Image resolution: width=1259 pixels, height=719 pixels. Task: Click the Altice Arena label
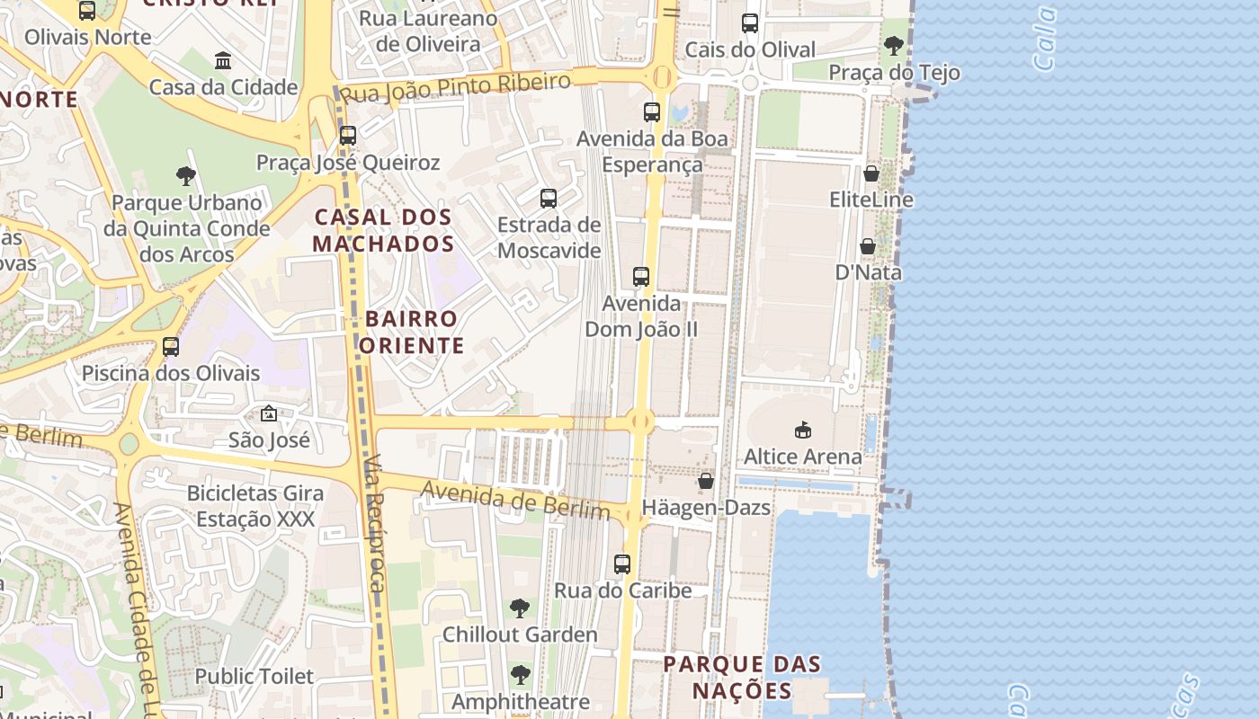[x=802, y=457]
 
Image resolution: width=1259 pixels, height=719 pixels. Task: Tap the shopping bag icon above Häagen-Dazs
[x=706, y=481]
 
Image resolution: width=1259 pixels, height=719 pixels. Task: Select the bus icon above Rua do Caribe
[x=622, y=564]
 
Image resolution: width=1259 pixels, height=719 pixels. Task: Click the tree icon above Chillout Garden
[x=520, y=608]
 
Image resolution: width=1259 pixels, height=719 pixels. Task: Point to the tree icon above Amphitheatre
[x=520, y=675]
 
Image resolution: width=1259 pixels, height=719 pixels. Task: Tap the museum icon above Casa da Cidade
[x=223, y=61]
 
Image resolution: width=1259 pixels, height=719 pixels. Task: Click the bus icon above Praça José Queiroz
[x=348, y=136]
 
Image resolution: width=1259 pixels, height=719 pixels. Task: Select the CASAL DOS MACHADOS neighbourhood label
[x=383, y=230]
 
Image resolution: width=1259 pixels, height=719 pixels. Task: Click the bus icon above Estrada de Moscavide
[x=549, y=199]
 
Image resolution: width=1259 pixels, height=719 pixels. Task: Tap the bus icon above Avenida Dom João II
[x=641, y=277]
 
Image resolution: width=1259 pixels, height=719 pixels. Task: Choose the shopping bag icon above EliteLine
[x=871, y=173]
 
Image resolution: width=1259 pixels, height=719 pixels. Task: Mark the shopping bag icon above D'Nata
[x=868, y=246]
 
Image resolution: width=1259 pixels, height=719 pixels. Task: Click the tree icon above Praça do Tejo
[x=894, y=46]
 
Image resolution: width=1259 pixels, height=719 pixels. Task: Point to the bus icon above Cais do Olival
[x=750, y=23]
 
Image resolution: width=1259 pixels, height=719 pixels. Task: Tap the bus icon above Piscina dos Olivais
[x=171, y=347]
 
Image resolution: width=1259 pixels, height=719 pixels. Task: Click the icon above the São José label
[x=269, y=413]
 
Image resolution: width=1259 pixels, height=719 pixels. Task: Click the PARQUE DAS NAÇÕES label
[x=742, y=678]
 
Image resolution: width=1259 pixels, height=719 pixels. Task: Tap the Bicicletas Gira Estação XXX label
[x=255, y=506]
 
